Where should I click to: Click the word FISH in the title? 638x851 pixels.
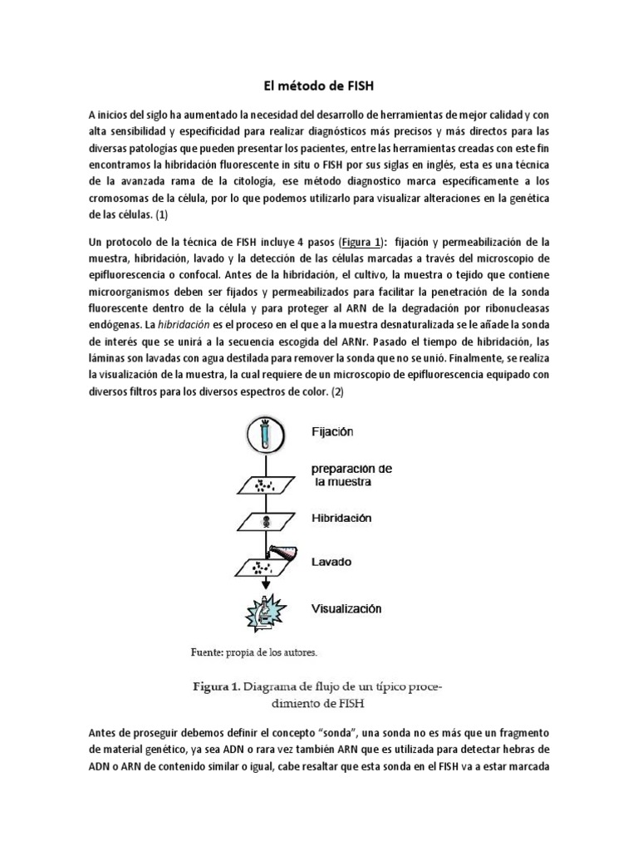[363, 84]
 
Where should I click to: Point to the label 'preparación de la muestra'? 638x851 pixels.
[352, 475]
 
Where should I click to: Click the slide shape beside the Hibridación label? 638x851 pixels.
[266, 522]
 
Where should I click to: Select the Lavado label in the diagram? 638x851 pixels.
[331, 562]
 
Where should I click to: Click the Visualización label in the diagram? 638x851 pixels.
[346, 608]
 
